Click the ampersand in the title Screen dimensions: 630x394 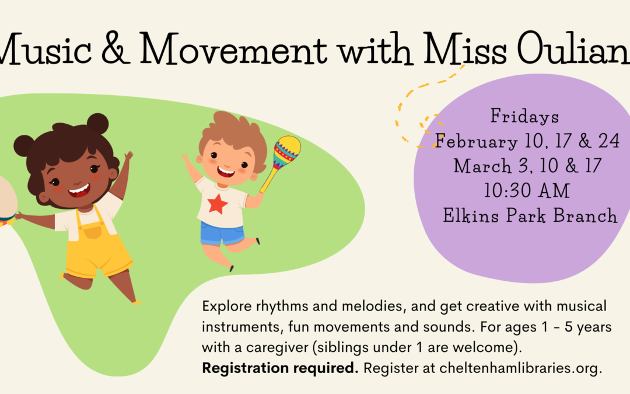pos(116,48)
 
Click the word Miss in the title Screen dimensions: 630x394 pos(465,48)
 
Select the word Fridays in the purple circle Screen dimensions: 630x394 pos(525,116)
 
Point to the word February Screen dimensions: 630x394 pos(476,141)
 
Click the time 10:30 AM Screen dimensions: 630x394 pos(527,190)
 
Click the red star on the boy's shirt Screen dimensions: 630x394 pos(218,204)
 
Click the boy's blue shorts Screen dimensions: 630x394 pos(222,235)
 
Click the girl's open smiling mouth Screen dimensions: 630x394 pos(79,190)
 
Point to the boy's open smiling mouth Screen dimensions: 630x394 pos(225,172)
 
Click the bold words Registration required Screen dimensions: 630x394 pos(279,368)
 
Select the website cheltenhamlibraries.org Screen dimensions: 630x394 pos(521,368)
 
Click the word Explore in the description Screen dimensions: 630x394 pos(227,306)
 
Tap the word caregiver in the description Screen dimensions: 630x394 pos(277,347)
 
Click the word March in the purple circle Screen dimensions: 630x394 pos(482,166)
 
